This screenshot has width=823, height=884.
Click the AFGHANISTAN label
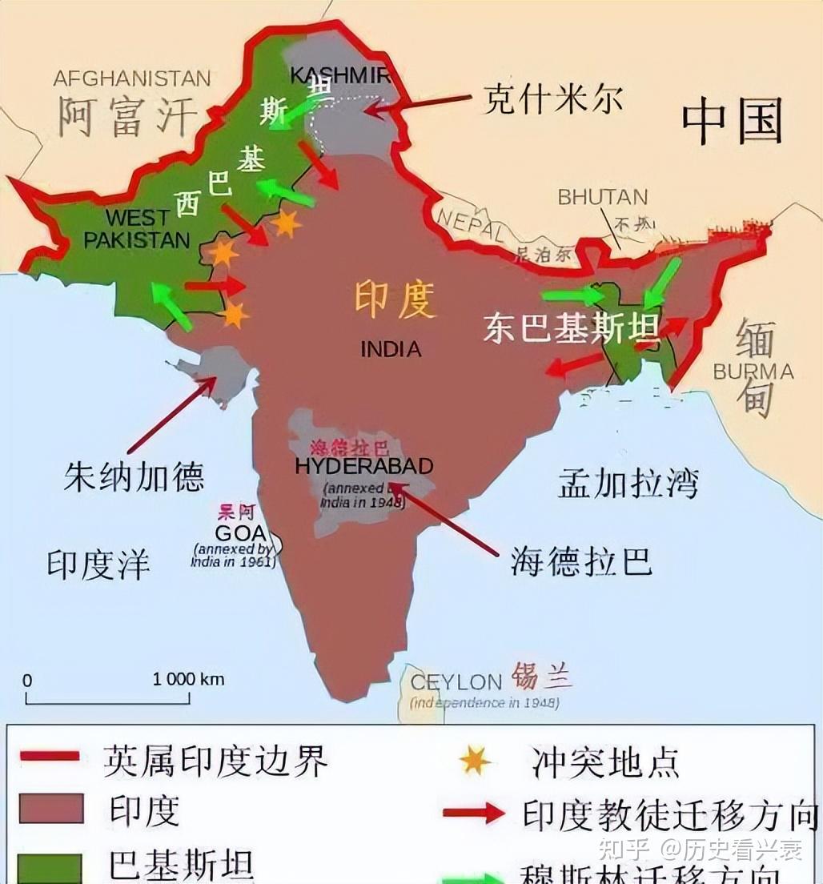click(x=132, y=78)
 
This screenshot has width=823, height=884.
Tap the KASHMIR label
click(x=339, y=75)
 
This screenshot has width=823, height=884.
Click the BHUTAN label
click(x=602, y=197)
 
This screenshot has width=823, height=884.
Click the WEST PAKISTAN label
click(x=137, y=228)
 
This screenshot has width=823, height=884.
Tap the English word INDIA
click(x=391, y=349)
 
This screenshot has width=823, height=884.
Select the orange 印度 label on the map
click(x=395, y=300)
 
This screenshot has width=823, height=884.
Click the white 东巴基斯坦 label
click(x=571, y=327)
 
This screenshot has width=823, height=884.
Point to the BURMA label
click(x=753, y=372)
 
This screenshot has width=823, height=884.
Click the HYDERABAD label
click(x=364, y=466)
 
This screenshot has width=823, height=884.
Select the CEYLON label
click(x=456, y=682)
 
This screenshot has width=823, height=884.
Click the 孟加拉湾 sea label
click(x=628, y=483)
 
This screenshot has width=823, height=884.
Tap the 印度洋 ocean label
click(x=98, y=564)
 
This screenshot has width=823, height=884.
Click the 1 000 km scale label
click(x=188, y=679)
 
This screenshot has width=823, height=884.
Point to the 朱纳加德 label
click(x=134, y=477)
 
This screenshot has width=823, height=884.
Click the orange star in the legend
click(x=475, y=761)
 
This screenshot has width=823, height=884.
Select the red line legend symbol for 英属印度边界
click(x=50, y=756)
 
